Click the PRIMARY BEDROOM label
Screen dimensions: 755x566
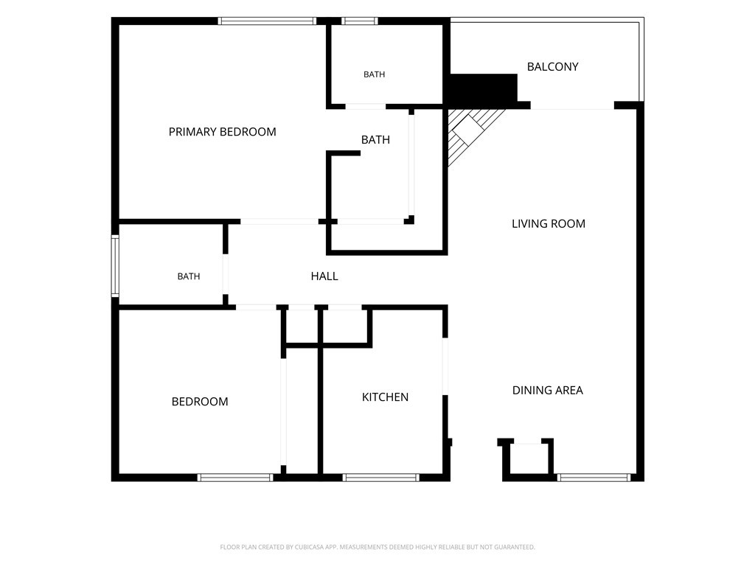(x=223, y=132)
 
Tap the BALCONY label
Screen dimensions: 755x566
(x=553, y=67)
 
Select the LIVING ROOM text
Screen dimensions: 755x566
(x=549, y=224)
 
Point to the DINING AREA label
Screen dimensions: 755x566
(x=548, y=391)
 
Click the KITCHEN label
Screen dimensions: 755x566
(x=385, y=397)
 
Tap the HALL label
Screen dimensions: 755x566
(x=324, y=276)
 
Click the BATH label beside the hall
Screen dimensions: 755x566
(x=189, y=276)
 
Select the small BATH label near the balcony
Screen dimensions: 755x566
(x=374, y=74)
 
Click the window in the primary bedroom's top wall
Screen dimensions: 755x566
(x=267, y=21)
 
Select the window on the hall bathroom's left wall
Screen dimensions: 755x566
(x=115, y=265)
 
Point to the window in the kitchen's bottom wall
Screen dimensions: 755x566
(x=381, y=478)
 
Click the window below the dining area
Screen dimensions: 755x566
(x=594, y=478)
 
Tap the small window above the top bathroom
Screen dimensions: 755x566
(x=360, y=21)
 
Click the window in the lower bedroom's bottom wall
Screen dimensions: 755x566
(x=235, y=478)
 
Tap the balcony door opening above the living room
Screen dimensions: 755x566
(x=572, y=106)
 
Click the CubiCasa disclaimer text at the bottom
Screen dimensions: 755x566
(x=377, y=548)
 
